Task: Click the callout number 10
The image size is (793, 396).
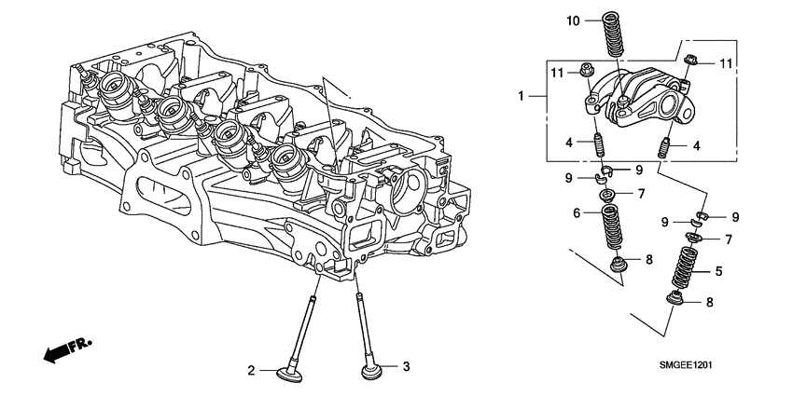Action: pos(573,20)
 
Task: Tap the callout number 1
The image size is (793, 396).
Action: pos(523,95)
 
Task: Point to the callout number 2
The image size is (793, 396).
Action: pos(251,371)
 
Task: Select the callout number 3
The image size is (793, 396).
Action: pos(406,367)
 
